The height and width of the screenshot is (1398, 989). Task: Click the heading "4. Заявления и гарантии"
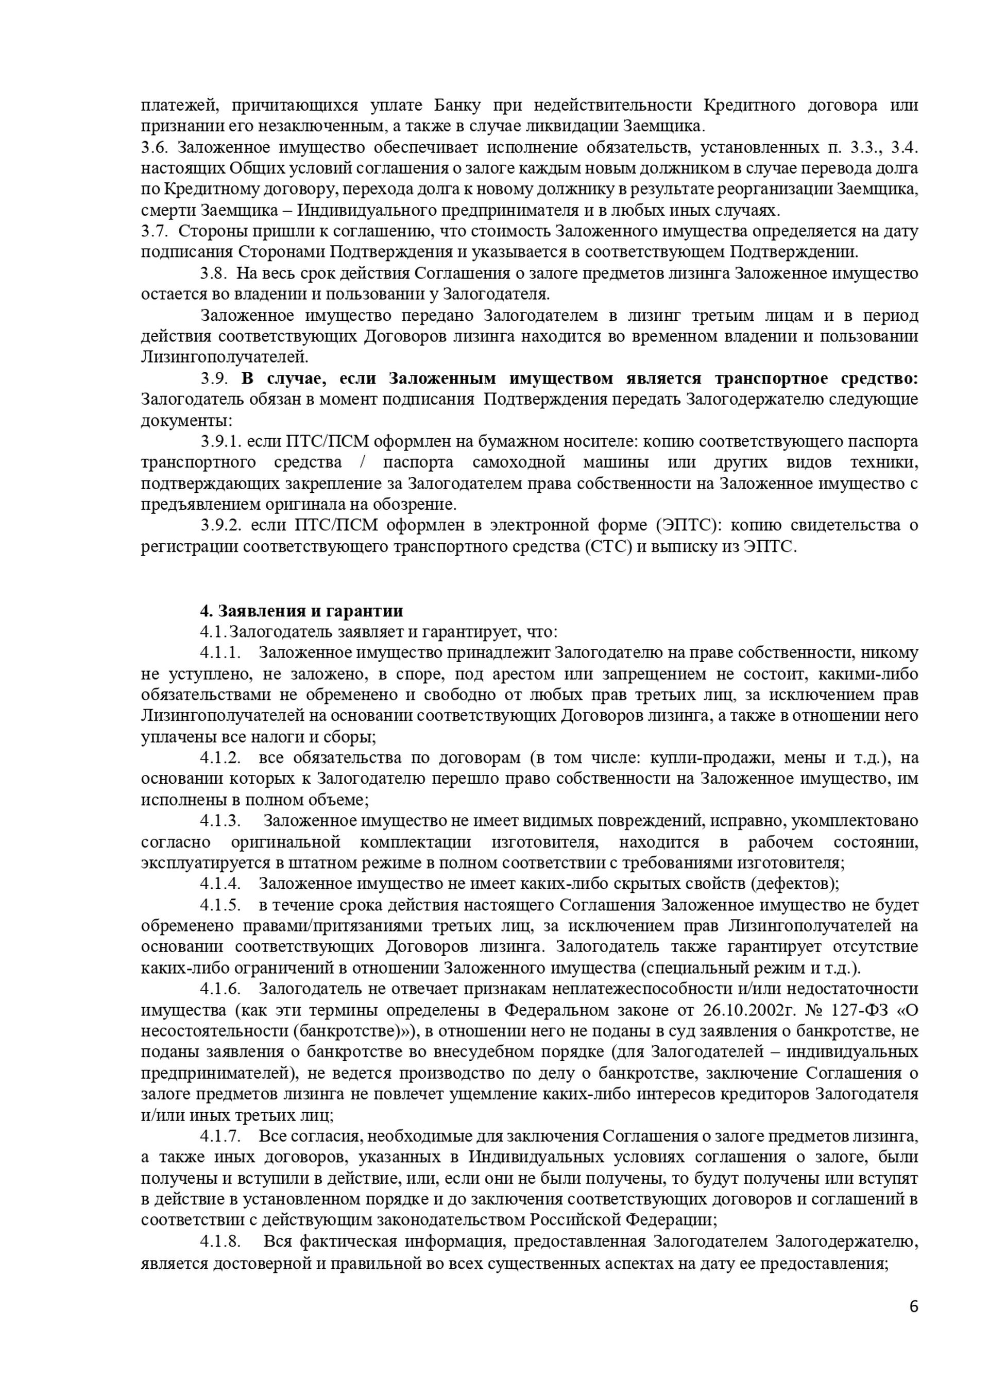pos(301,611)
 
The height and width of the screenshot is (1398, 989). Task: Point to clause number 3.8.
pos(214,273)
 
